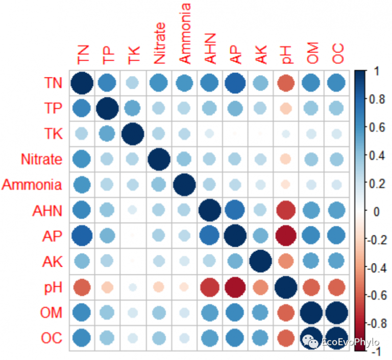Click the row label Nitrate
[41, 159]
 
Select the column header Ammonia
[185, 34]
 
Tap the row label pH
[52, 287]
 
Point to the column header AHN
[210, 49]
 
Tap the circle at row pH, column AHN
[209, 287]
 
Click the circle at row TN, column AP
[235, 83]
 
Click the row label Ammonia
[32, 185]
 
